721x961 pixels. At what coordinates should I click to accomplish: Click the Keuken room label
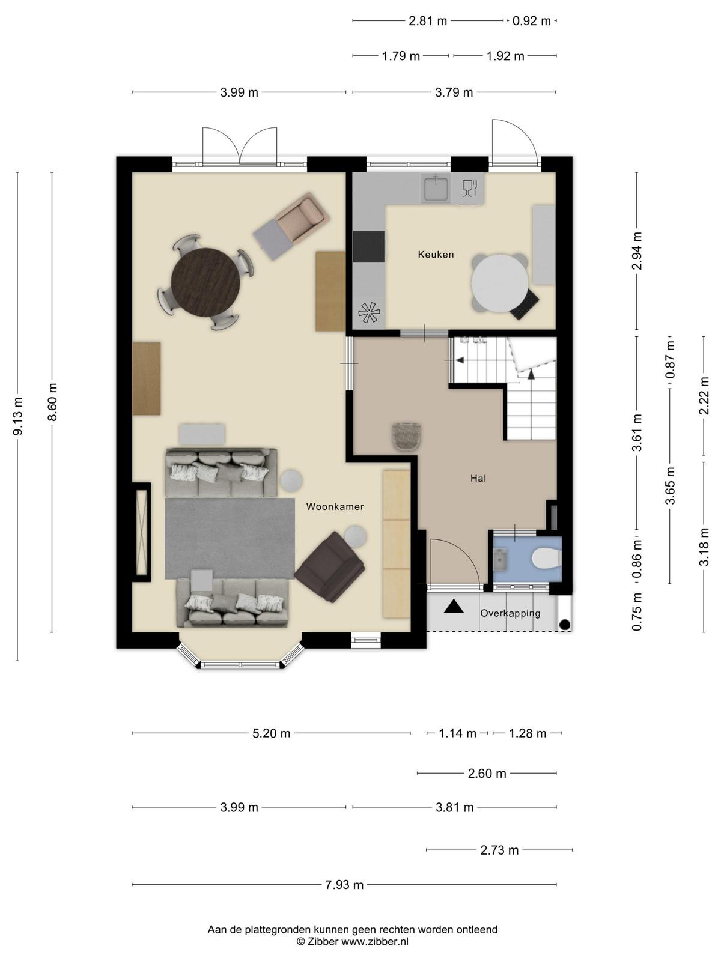coord(436,255)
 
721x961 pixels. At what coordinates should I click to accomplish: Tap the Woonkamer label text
coord(335,506)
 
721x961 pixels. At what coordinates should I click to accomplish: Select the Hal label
coord(478,479)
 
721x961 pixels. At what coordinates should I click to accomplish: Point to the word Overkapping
coord(511,613)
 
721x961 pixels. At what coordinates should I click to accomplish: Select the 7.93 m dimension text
coord(344,885)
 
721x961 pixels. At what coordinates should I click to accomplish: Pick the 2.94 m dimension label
coord(638,250)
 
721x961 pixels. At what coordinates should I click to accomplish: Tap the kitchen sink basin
coord(436,188)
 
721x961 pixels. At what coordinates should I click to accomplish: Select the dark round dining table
coord(205,282)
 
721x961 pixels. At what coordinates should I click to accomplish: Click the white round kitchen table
coord(500,283)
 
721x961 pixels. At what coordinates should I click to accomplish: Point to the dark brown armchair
coord(330,567)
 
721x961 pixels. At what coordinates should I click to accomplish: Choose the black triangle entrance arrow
coord(454,607)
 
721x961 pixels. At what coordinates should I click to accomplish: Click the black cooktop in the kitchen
coord(368,246)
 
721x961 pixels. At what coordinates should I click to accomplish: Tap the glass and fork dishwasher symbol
coord(469,188)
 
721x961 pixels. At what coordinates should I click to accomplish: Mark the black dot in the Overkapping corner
coord(565,625)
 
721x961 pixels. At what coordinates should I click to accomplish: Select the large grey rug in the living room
coord(231,538)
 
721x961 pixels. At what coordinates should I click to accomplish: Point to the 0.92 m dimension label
coord(532,20)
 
